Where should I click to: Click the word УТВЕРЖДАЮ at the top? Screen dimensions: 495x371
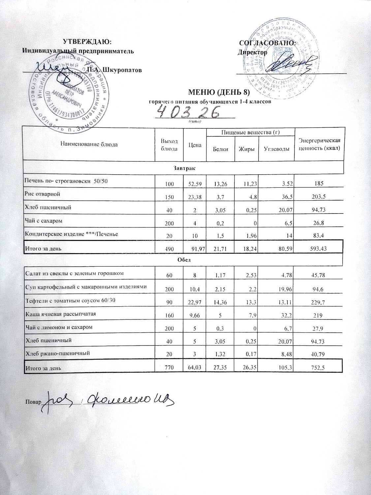coord(87,42)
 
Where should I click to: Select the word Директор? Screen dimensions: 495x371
coord(253,52)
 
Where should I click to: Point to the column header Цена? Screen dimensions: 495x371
coord(195,145)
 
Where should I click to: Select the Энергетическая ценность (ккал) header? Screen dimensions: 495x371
coord(319,145)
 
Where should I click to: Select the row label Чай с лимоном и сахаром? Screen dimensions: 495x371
coord(59,327)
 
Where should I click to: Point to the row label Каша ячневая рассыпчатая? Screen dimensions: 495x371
coord(61,314)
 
